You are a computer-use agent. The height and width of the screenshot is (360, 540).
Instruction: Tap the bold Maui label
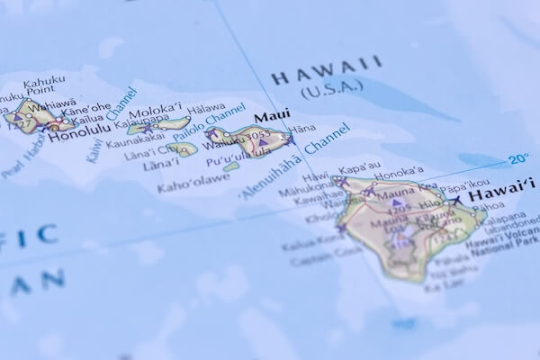(x=272, y=118)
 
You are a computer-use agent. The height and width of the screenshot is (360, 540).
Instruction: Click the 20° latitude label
(x=518, y=159)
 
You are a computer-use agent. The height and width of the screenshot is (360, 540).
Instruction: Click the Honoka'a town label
(x=397, y=171)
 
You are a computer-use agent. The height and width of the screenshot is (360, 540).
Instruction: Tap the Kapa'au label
(x=361, y=168)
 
